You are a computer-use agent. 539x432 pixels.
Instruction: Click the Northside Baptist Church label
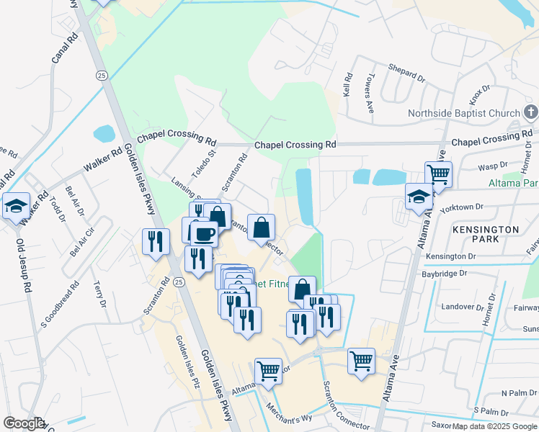coord(463,113)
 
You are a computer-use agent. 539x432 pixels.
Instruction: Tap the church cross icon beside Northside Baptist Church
coord(530,112)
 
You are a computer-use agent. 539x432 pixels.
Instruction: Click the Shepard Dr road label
coord(406,73)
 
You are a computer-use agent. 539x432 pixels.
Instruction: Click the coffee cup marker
coord(203,233)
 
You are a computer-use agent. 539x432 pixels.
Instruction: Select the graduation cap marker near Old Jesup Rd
coord(16,206)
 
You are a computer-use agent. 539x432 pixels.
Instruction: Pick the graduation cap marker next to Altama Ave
coord(419,197)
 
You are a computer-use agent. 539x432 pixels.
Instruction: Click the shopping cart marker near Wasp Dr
coord(438,174)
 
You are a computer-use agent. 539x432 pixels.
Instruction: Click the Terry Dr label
coord(100,294)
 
